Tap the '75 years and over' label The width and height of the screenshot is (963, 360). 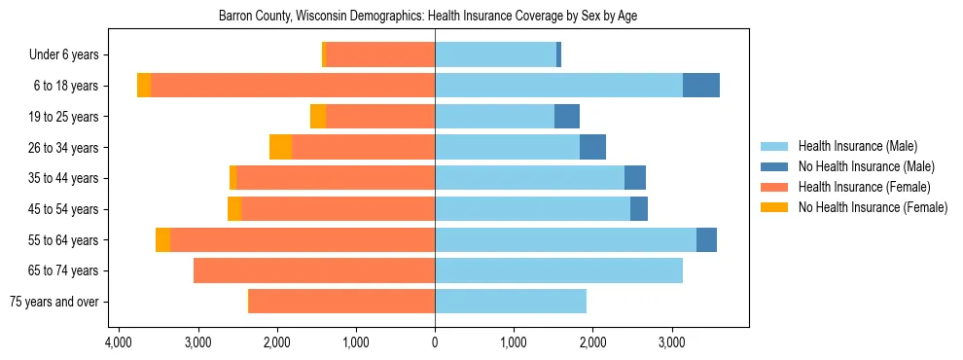click(53, 302)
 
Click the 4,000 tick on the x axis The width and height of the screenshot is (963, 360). click(119, 343)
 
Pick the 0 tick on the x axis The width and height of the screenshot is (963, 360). click(435, 343)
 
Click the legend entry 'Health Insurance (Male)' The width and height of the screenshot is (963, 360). click(856, 146)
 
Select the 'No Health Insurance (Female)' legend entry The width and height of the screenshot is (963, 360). click(873, 207)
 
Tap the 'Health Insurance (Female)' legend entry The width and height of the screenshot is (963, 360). click(864, 187)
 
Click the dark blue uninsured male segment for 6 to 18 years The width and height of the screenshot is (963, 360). click(701, 86)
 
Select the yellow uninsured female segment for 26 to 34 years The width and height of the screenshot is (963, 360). click(280, 147)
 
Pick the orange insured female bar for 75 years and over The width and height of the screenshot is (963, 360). click(341, 302)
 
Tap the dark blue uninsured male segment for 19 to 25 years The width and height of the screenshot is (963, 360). click(567, 117)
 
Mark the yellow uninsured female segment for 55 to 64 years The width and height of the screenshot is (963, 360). click(162, 239)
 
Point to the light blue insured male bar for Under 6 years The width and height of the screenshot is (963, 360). click(495, 54)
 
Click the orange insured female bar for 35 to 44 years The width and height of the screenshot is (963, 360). click(336, 178)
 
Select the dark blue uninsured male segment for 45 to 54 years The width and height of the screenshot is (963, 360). click(639, 209)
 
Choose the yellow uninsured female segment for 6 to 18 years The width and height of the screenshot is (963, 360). click(144, 86)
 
